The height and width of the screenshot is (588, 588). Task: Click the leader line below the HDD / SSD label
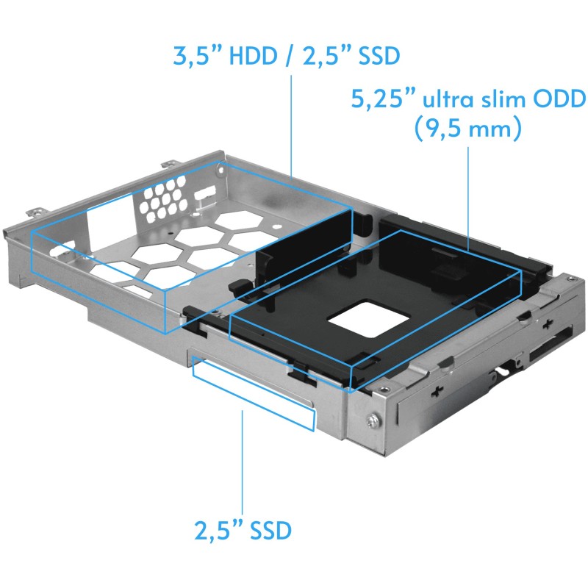point(292,118)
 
